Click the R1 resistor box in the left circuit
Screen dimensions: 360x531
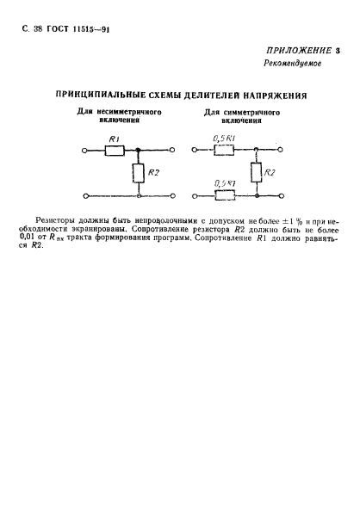click(x=115, y=149)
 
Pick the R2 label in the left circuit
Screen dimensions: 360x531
click(x=153, y=173)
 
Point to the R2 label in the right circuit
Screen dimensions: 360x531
click(x=270, y=173)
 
